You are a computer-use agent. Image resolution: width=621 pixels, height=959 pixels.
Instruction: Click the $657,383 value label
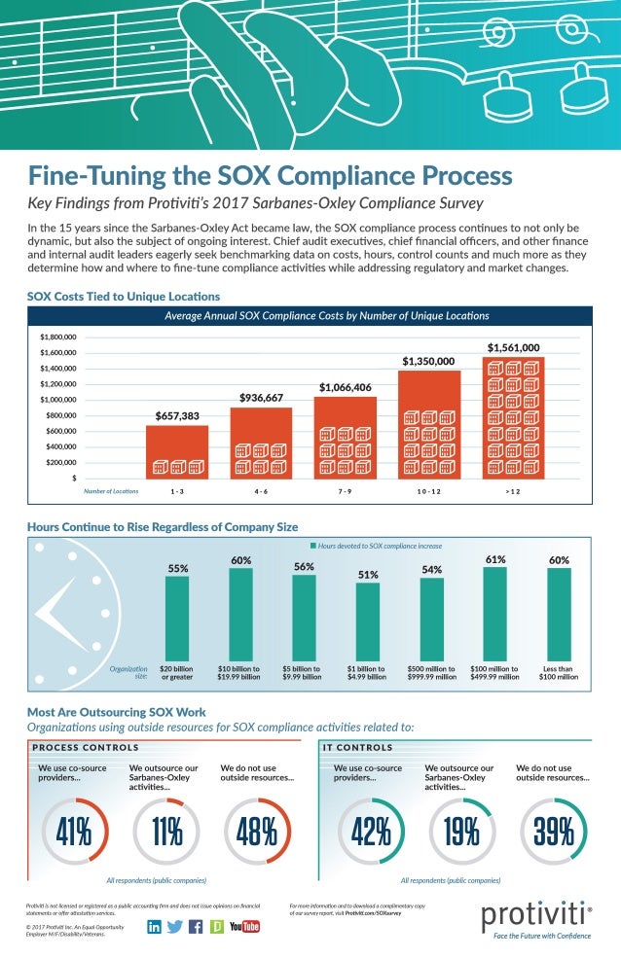[176, 416]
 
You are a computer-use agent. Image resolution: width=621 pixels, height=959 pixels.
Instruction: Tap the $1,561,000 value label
[513, 347]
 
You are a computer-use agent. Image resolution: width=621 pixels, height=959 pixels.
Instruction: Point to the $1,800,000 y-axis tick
[57, 337]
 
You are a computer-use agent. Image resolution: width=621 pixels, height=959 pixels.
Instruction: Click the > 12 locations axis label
[513, 491]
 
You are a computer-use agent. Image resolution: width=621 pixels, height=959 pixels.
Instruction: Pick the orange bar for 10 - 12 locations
[428, 424]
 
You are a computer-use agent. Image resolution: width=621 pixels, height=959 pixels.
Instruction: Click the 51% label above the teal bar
[368, 575]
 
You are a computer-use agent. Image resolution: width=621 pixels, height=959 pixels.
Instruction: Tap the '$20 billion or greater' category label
[177, 673]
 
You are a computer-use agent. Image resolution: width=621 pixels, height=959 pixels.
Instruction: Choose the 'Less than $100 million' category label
[559, 673]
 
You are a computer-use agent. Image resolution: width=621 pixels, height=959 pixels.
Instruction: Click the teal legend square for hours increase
[312, 547]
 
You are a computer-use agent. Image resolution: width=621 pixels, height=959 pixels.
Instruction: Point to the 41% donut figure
[73, 832]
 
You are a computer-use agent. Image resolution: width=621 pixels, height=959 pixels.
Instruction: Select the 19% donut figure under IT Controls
[462, 832]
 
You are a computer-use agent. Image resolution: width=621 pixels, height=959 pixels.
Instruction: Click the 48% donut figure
[257, 832]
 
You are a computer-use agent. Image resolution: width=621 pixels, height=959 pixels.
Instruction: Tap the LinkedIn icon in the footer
[155, 926]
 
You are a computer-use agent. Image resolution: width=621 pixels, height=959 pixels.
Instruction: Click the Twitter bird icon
[175, 926]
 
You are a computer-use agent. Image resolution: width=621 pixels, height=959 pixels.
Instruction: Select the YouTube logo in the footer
[244, 926]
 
